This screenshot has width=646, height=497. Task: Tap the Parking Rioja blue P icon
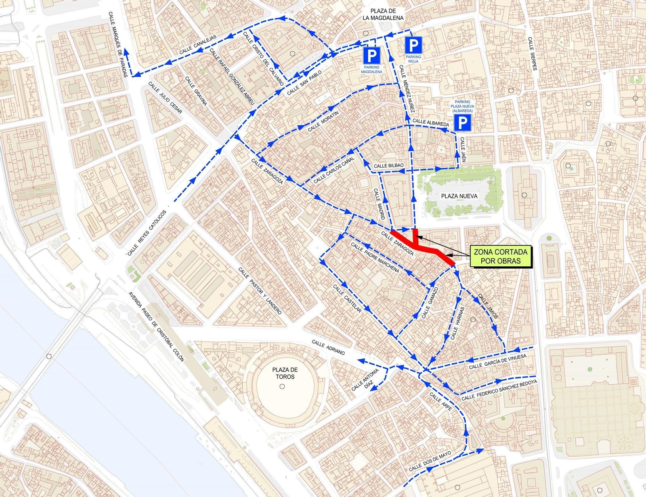click(413, 45)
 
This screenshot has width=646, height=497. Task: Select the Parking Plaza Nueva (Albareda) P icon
click(463, 122)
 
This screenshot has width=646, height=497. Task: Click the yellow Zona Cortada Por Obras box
click(500, 257)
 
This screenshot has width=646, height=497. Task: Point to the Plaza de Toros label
click(285, 373)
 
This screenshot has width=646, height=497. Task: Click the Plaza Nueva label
click(459, 196)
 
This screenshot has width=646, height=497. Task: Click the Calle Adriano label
click(328, 347)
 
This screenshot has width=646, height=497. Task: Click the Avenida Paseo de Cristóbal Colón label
click(156, 326)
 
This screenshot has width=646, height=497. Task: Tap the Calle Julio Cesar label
click(165, 98)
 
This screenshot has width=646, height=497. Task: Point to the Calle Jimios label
click(488, 307)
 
